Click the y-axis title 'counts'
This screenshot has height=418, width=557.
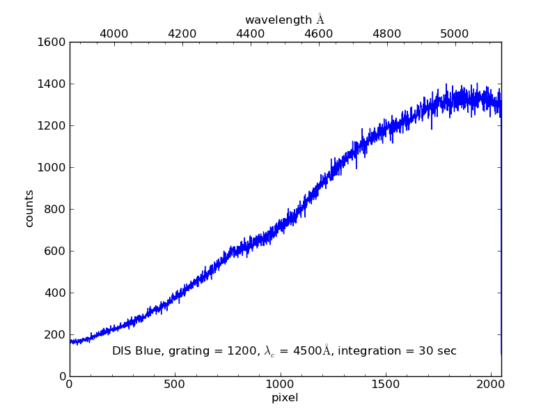point(29,209)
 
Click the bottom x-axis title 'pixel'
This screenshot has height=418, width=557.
point(285,398)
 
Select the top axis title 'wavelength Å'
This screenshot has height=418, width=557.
point(285,20)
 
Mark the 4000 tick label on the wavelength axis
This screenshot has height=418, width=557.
point(114,33)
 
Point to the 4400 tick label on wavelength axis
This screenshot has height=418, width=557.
point(251,33)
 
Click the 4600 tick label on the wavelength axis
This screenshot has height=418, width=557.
point(319,33)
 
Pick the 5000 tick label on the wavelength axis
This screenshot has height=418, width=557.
point(455,33)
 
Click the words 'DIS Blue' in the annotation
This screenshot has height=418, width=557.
point(136,351)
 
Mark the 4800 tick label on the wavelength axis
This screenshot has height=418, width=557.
point(387,33)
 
